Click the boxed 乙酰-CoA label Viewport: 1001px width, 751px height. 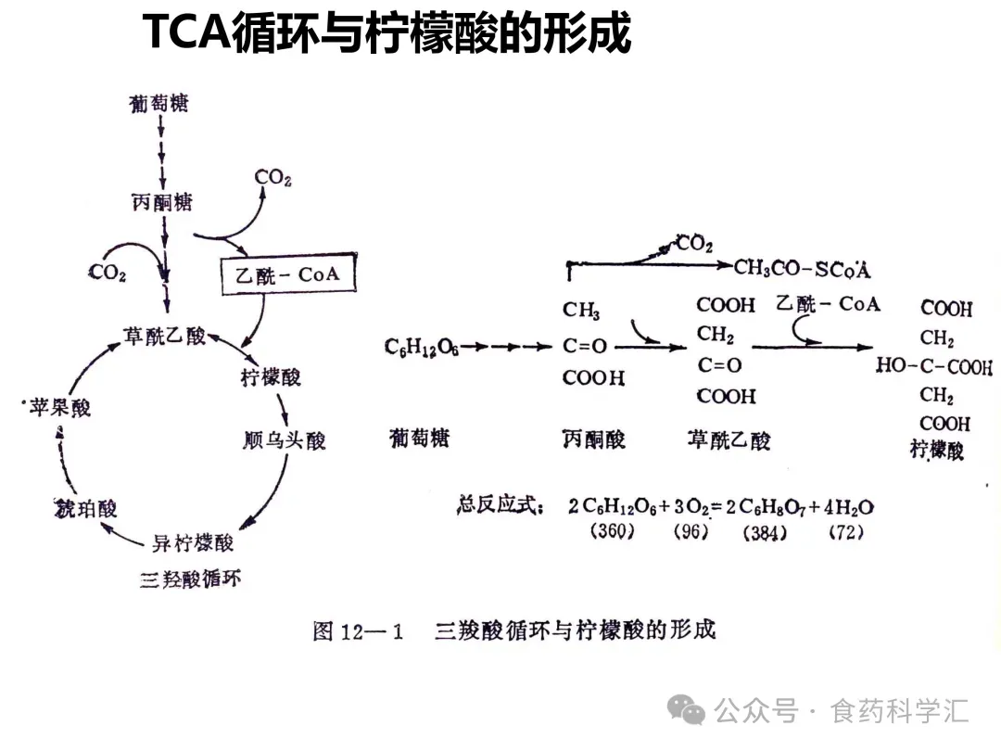pos(287,274)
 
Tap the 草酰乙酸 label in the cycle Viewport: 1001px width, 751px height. pos(165,337)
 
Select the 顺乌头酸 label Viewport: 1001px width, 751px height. pos(284,439)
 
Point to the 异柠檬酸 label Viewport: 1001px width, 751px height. pos(193,542)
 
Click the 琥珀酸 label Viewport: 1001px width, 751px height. pos(86,508)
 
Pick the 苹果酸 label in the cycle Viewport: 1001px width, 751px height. pos(60,407)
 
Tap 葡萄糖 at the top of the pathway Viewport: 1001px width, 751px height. pos(159,104)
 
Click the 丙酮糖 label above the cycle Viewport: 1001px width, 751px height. pos(162,201)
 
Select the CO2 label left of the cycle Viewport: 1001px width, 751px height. pos(108,273)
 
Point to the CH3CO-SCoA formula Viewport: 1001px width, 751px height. pos(803,269)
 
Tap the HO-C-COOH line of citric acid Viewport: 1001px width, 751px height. pos(934,366)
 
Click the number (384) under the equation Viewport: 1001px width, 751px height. pos(765,532)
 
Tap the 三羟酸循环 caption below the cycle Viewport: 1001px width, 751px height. pos(191,580)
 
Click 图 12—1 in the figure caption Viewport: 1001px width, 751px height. pos(360,632)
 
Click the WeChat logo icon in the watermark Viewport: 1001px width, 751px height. pos(687,711)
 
